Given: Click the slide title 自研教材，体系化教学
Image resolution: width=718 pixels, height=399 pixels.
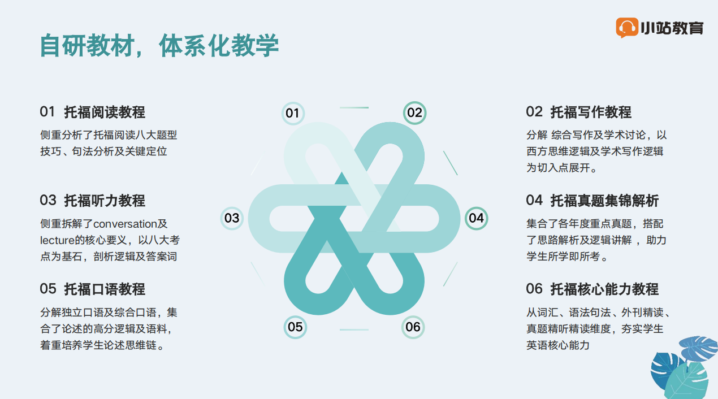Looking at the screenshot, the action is click(x=159, y=46).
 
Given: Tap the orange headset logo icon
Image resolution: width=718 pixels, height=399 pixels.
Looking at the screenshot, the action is click(x=626, y=28).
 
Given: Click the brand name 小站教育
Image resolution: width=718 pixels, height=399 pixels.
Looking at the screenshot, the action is click(x=672, y=28).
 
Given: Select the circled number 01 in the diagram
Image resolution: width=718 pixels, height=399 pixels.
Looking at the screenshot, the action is click(x=293, y=113).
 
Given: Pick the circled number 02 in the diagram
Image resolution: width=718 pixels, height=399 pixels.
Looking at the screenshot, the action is click(x=414, y=113).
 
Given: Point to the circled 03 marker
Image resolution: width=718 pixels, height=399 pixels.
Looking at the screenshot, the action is click(x=232, y=218).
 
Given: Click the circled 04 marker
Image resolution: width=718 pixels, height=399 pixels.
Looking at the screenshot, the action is click(x=477, y=218).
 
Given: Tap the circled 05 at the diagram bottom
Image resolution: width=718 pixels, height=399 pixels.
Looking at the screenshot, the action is click(x=295, y=327).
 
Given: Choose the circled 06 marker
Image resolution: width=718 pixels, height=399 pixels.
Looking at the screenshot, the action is click(x=413, y=327).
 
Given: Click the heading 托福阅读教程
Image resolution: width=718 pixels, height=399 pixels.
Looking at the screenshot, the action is click(x=105, y=112).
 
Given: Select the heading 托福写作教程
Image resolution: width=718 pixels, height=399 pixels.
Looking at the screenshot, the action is click(x=591, y=112).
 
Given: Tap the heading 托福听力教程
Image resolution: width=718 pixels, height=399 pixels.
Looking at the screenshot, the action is click(x=105, y=201).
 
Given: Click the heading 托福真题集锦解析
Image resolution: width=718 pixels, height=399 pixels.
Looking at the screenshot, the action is click(x=604, y=201).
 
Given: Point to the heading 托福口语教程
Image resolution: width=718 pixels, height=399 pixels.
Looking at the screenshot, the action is click(x=105, y=289).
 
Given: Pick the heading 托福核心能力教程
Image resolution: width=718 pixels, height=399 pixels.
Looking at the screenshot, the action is click(x=604, y=289).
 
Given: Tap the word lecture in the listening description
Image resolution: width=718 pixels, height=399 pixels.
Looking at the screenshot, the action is click(x=57, y=240).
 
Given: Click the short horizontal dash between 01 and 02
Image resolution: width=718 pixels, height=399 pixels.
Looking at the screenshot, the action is click(x=354, y=108).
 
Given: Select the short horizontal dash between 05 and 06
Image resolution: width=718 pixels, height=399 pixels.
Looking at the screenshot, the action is click(x=354, y=329).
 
